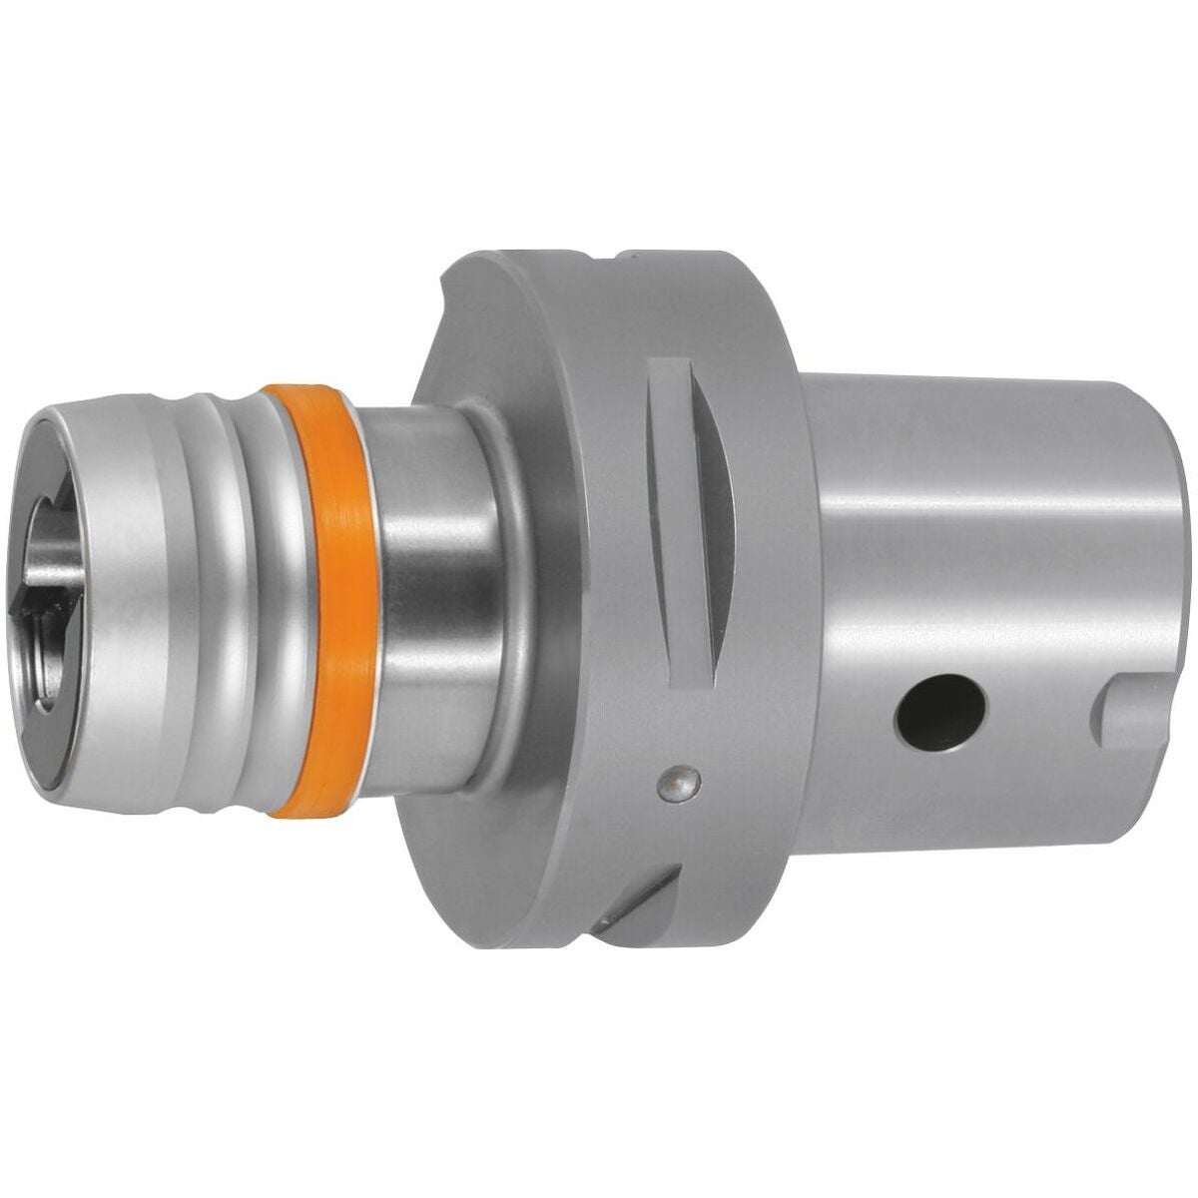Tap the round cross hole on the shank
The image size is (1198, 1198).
tap(940, 717)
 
